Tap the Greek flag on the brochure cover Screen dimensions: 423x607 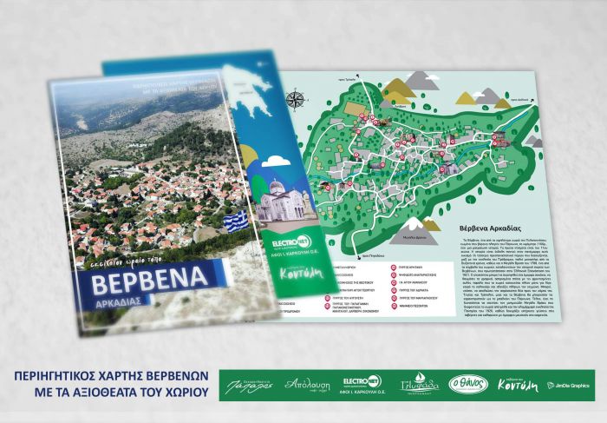pyautogui.click(x=235, y=220)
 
